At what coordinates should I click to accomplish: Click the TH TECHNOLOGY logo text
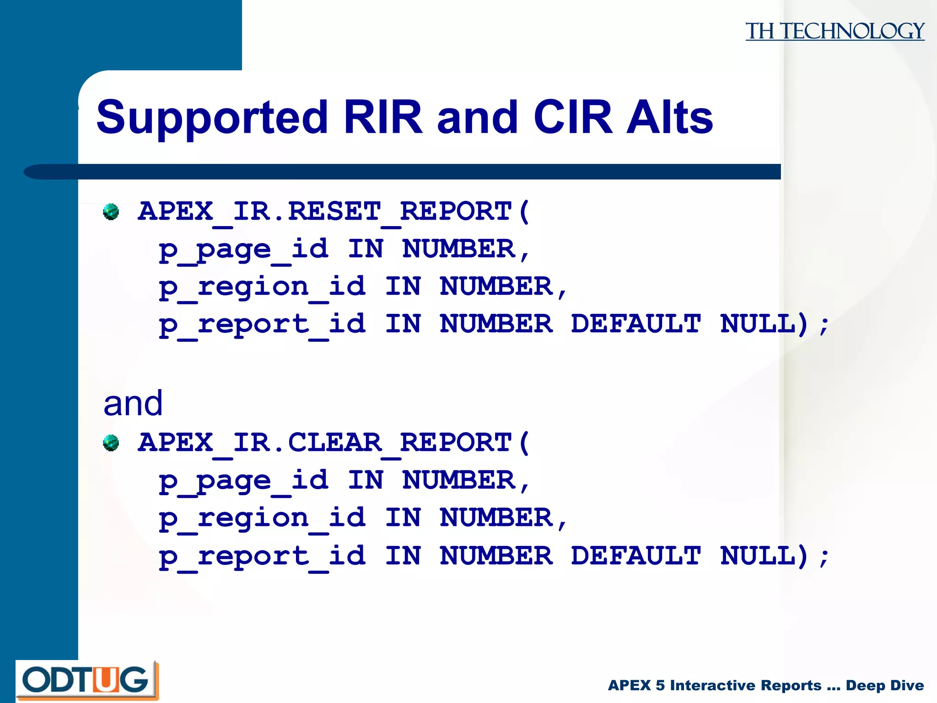tap(835, 31)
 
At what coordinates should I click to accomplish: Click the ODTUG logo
tap(86, 680)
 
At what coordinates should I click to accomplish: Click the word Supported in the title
tap(212, 118)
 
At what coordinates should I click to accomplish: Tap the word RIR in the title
tap(382, 118)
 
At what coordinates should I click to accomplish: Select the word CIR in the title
tap(572, 118)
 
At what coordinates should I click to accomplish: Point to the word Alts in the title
tap(670, 118)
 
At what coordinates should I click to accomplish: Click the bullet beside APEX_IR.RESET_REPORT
tap(111, 212)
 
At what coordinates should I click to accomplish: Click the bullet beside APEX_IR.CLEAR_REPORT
tap(111, 443)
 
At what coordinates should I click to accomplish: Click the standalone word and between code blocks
tap(133, 404)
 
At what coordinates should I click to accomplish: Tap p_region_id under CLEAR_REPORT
tap(262, 519)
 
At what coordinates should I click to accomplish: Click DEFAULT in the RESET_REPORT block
tap(635, 324)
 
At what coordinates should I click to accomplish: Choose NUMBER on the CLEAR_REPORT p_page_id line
tap(459, 481)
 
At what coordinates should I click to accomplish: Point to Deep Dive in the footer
tap(884, 685)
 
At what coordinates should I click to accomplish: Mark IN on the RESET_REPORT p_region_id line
tap(403, 287)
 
